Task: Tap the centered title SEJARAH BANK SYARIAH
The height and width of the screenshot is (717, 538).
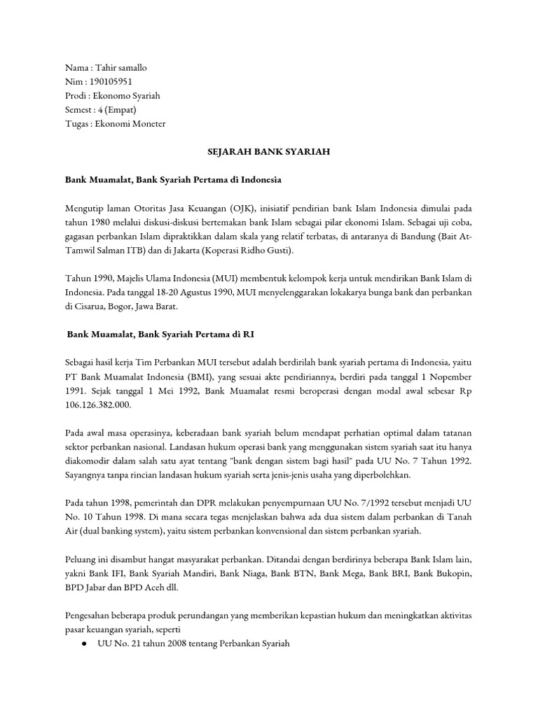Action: click(x=268, y=151)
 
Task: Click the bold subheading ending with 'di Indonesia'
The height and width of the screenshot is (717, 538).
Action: click(x=173, y=180)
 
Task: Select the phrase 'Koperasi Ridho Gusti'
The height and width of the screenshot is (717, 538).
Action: click(x=251, y=251)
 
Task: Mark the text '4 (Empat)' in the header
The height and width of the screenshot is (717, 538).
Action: click(x=117, y=109)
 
